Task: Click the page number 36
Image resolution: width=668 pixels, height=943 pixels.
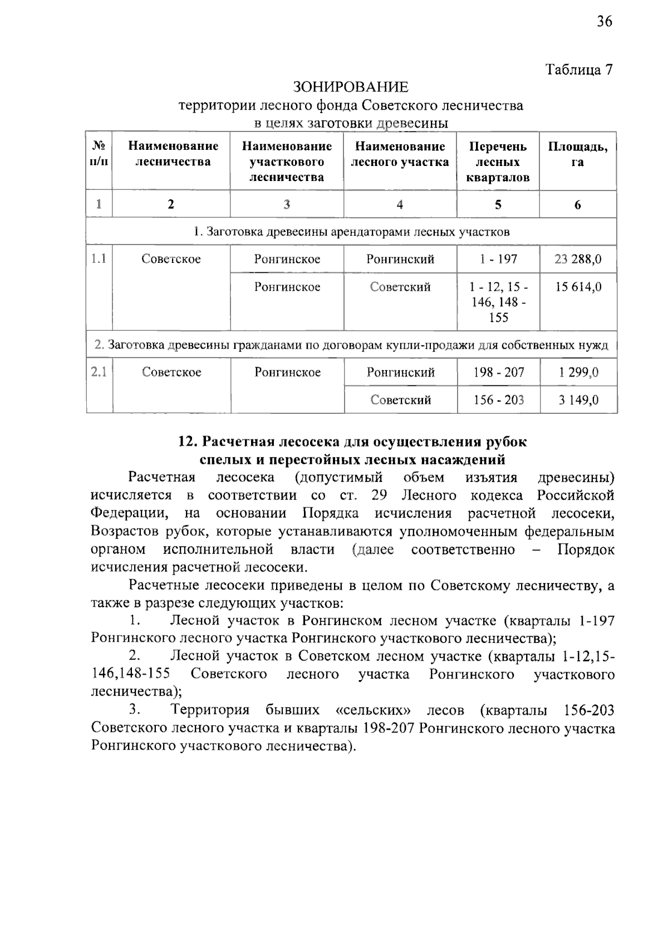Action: pyautogui.click(x=604, y=22)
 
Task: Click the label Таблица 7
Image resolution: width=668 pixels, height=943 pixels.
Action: pyautogui.click(x=579, y=70)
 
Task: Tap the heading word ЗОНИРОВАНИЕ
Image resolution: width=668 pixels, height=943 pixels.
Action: pyautogui.click(x=351, y=87)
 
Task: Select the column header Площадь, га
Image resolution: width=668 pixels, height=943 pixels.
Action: pyautogui.click(x=578, y=154)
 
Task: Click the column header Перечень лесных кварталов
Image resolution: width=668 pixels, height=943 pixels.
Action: pyautogui.click(x=498, y=162)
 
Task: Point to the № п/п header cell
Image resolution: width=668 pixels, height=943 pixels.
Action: pyautogui.click(x=99, y=154)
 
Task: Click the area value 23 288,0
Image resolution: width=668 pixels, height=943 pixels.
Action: pyautogui.click(x=578, y=259)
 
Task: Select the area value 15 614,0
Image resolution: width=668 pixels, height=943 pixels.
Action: pyautogui.click(x=578, y=287)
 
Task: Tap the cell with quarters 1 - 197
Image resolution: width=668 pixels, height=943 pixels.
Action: pyautogui.click(x=498, y=259)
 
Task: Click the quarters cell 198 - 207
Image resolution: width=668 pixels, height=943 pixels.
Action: pyautogui.click(x=499, y=372)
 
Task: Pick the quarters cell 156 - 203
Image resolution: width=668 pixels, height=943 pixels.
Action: pyautogui.click(x=499, y=400)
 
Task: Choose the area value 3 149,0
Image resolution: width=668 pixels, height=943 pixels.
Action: pyautogui.click(x=578, y=400)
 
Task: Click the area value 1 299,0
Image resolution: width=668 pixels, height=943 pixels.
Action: pyautogui.click(x=578, y=372)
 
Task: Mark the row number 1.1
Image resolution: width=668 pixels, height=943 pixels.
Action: pyautogui.click(x=99, y=258)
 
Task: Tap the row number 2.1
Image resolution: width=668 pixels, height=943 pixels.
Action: pyautogui.click(x=99, y=372)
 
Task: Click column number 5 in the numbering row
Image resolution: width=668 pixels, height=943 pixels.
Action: pyautogui.click(x=498, y=204)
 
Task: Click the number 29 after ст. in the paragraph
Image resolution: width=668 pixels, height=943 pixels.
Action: pyautogui.click(x=379, y=495)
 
